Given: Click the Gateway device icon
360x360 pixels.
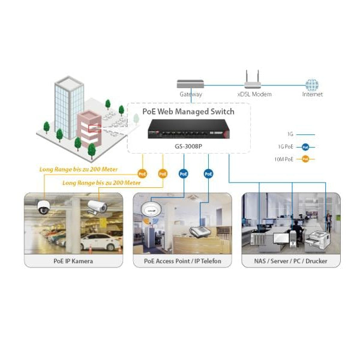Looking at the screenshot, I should tap(190, 83).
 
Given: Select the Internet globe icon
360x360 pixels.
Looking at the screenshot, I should tap(312, 85).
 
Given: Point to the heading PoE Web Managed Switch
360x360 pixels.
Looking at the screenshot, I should tap(188, 112).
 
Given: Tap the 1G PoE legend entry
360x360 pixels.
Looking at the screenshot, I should tap(296, 146).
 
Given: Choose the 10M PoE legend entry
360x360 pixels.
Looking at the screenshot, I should tap(296, 159).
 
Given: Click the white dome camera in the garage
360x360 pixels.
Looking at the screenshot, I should tap(43, 207).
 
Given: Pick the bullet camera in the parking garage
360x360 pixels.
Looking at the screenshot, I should tap(97, 206).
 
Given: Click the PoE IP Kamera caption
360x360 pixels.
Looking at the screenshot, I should tap(73, 261).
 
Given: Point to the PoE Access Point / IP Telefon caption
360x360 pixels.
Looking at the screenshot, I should tap(182, 261).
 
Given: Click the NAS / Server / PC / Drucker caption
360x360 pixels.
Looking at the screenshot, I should tap(291, 261).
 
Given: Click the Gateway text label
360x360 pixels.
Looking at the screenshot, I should tap(190, 94).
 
